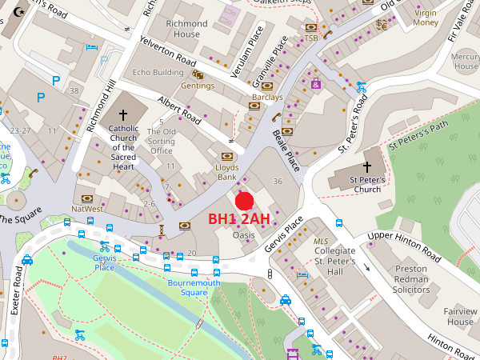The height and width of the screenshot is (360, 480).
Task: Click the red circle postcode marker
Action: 245,202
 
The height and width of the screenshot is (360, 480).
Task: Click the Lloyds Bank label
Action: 227,172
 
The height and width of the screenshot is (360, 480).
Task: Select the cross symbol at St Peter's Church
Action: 368,167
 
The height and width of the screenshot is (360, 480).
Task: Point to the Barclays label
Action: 267,98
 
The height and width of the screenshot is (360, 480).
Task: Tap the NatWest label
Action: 87,209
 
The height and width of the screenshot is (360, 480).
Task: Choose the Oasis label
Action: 243,236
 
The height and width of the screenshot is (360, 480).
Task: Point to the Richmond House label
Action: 182,30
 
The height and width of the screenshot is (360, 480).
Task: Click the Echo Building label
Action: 158,73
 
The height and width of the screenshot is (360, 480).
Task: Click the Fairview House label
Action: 460,317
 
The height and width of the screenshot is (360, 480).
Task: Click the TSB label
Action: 311,38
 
